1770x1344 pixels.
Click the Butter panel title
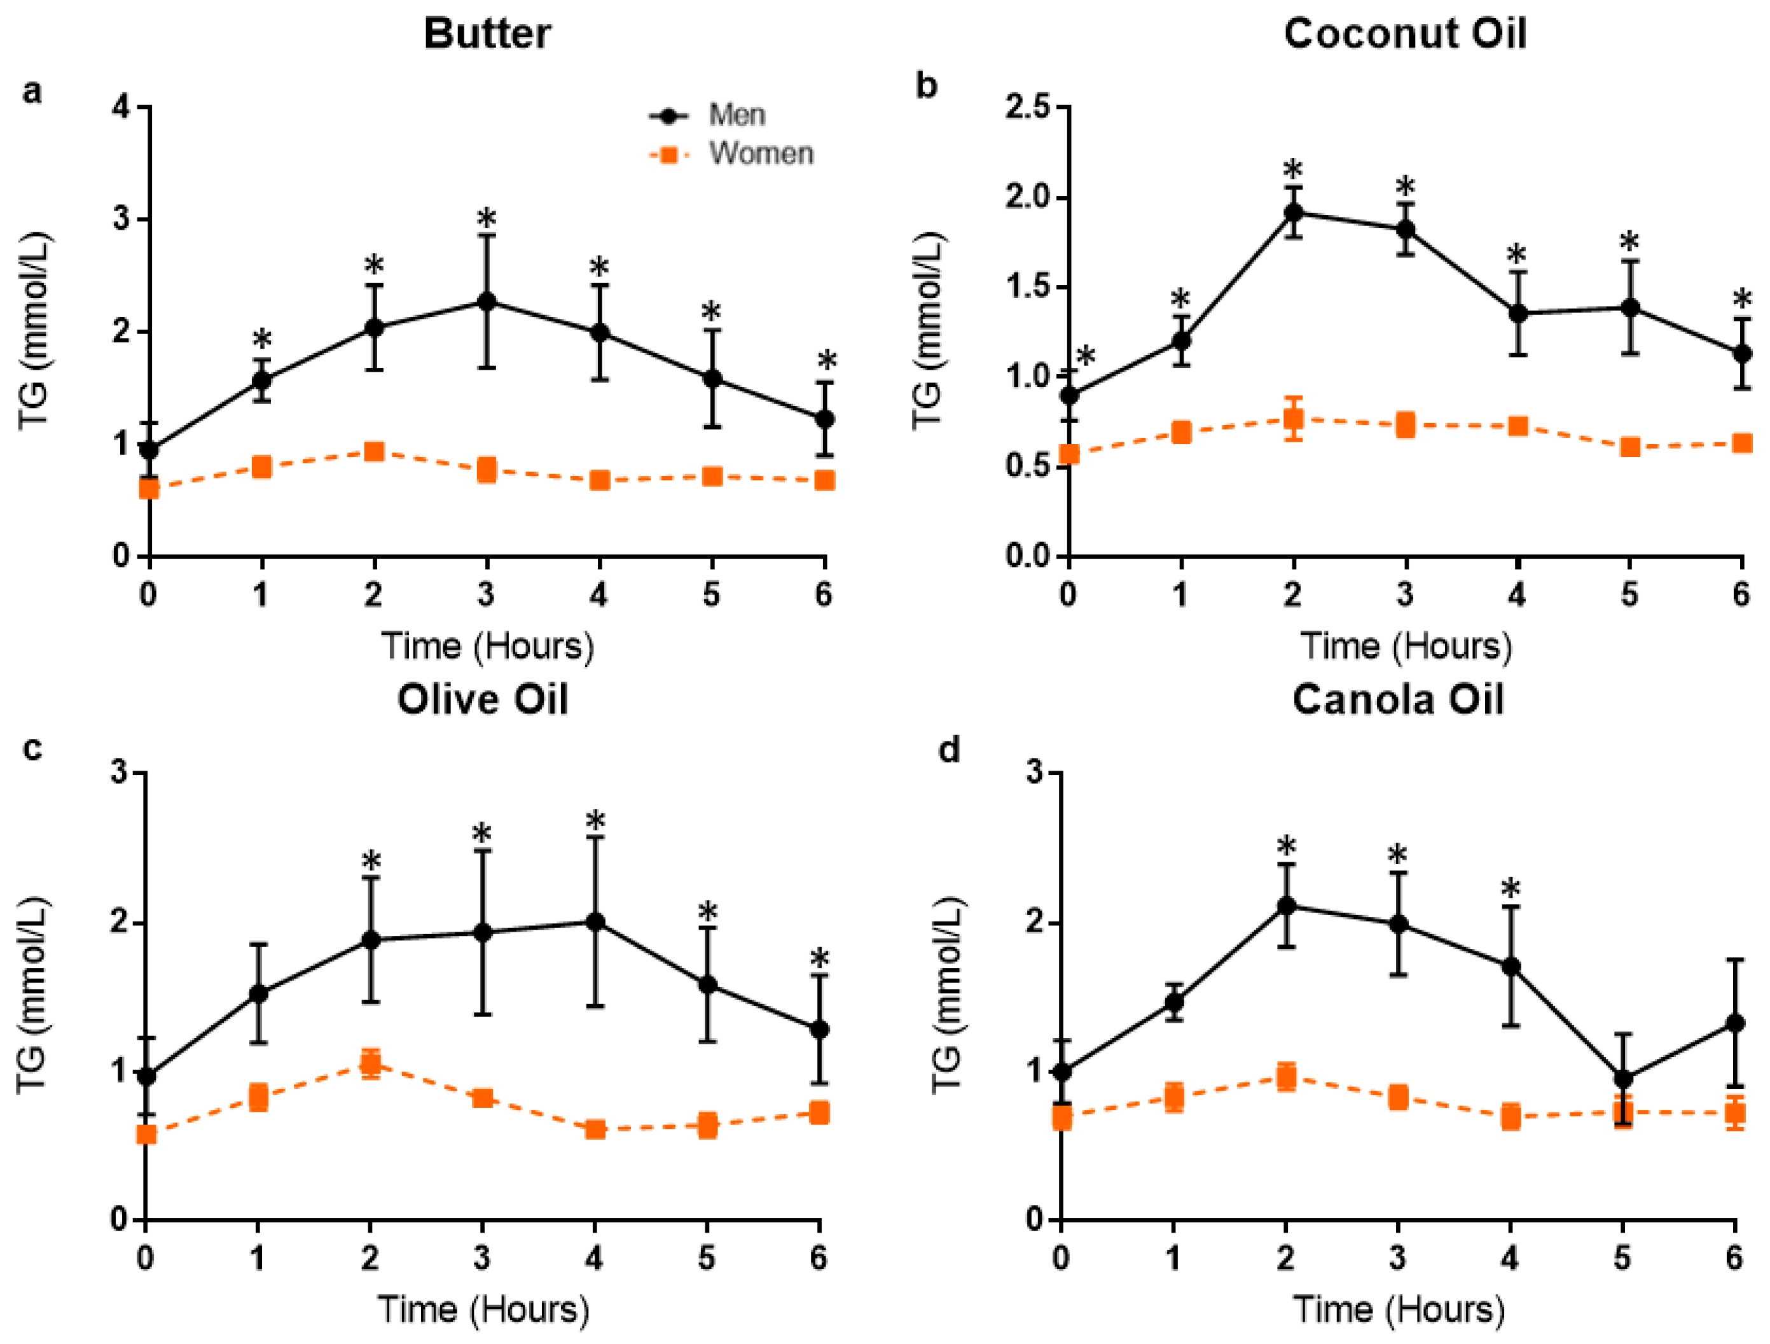[487, 34]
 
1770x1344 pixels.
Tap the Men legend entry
[736, 115]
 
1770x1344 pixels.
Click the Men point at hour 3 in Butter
[486, 302]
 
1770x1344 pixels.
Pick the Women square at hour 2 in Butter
[374, 452]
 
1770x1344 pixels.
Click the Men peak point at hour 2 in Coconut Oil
[1293, 212]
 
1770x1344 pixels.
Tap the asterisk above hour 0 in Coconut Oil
[1085, 356]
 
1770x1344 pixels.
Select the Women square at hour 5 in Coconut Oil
[1630, 447]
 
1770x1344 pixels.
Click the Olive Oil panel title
[483, 699]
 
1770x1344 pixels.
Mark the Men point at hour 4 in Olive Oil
[595, 922]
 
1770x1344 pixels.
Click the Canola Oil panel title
[1398, 699]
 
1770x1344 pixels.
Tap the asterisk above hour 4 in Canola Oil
[1511, 888]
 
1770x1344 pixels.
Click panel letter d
[948, 751]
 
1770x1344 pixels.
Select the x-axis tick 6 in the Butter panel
[824, 595]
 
